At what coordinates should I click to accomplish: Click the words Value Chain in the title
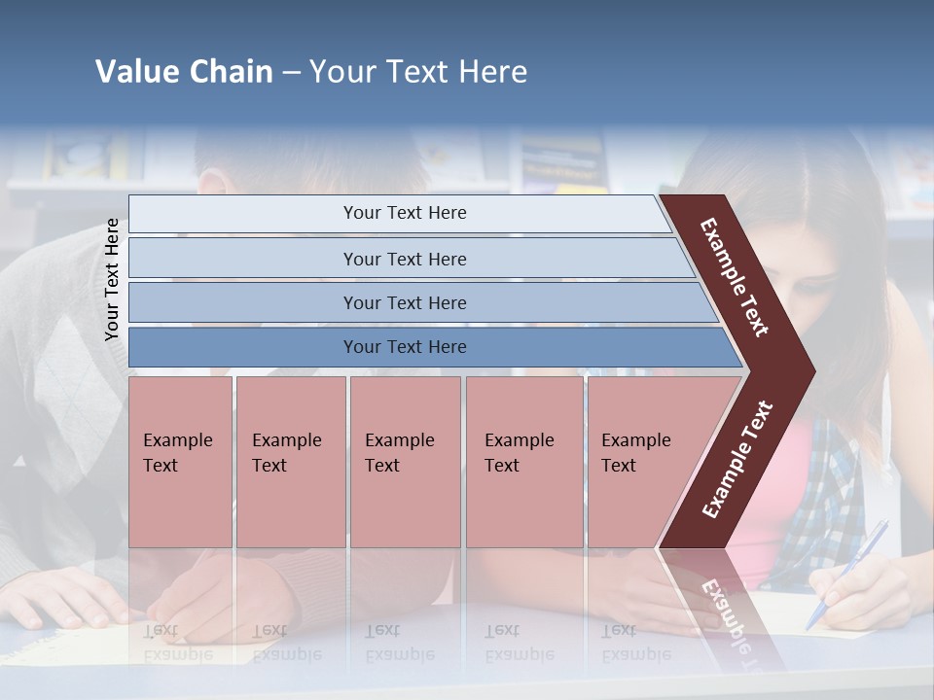(184, 72)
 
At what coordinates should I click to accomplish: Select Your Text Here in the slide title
(418, 72)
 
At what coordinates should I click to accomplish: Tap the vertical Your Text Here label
(112, 279)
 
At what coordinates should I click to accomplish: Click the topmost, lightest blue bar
(404, 213)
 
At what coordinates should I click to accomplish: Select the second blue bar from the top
(404, 259)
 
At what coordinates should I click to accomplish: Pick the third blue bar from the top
(404, 302)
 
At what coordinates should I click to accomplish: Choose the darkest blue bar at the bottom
(404, 347)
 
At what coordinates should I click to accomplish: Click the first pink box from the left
(180, 462)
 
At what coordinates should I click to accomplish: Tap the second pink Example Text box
(290, 462)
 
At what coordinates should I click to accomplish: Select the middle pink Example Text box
(405, 462)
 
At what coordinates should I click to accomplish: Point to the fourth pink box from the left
(524, 462)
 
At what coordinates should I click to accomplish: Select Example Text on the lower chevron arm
(737, 459)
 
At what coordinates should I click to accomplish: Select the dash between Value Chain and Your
(291, 73)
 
